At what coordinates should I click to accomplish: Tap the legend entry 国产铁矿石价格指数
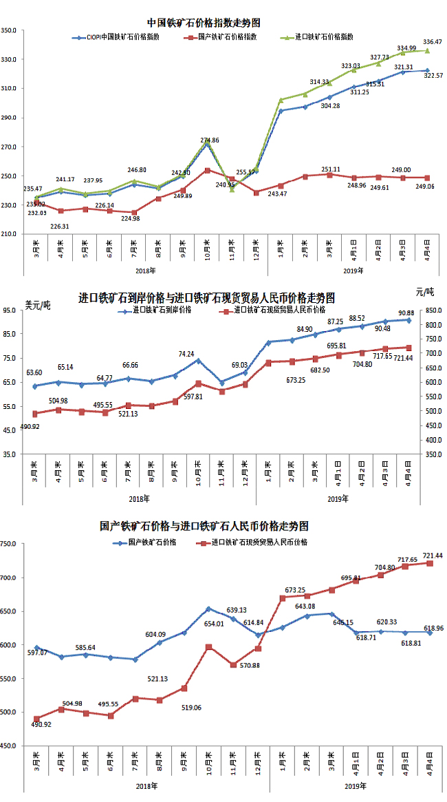(227, 36)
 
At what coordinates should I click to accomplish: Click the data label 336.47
(433, 41)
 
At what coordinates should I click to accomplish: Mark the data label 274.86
(209, 140)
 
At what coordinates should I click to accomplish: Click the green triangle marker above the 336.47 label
(427, 50)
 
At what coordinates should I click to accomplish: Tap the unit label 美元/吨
(38, 305)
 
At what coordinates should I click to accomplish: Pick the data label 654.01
(211, 624)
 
